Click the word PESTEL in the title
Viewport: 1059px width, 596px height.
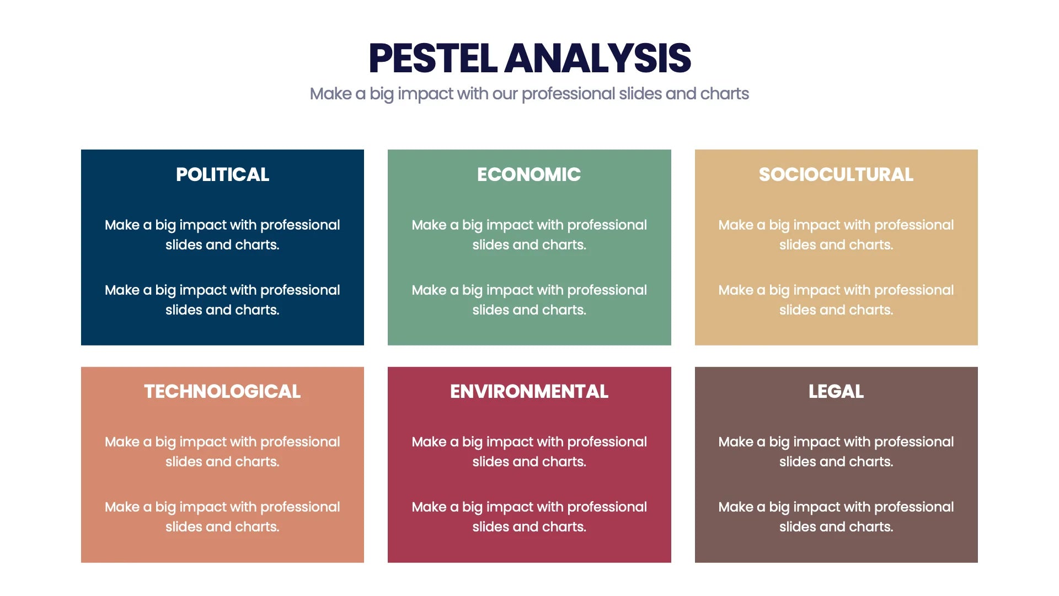pyautogui.click(x=433, y=58)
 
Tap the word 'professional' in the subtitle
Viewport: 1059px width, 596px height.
pyautogui.click(x=568, y=94)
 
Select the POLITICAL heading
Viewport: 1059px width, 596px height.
pyautogui.click(x=222, y=174)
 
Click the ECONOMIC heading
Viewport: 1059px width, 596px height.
pyautogui.click(x=529, y=174)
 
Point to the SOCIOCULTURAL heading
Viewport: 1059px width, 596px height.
pyautogui.click(x=836, y=174)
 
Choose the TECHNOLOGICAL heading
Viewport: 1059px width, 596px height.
pyautogui.click(x=222, y=391)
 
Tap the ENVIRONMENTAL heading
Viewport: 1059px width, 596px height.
pyautogui.click(x=529, y=391)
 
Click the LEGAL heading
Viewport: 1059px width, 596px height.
pyautogui.click(x=836, y=391)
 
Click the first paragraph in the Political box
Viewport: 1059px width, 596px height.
pyautogui.click(x=222, y=235)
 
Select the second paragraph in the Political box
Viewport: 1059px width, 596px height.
pyautogui.click(x=222, y=300)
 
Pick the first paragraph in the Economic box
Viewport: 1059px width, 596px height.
pyautogui.click(x=529, y=235)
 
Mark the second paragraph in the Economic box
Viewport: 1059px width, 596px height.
pyautogui.click(x=529, y=300)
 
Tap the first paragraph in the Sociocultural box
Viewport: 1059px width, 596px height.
pyautogui.click(x=836, y=235)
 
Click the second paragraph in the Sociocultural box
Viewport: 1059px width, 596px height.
pyautogui.click(x=836, y=300)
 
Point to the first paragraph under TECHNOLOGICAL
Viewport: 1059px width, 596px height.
pyautogui.click(x=222, y=451)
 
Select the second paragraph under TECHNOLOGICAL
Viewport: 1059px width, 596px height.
pyautogui.click(x=222, y=517)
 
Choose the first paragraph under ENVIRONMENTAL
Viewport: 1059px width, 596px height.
pyautogui.click(x=529, y=451)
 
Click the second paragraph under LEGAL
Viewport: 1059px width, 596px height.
pyautogui.click(x=836, y=517)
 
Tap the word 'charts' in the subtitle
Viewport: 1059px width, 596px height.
pyautogui.click(x=724, y=94)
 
